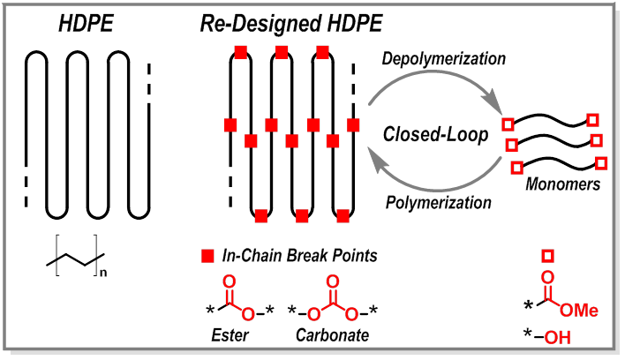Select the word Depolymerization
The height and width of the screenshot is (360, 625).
[443, 60]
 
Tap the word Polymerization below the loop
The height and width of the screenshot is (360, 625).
[439, 204]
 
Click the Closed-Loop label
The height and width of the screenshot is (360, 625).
[437, 134]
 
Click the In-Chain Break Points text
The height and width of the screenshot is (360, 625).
[299, 256]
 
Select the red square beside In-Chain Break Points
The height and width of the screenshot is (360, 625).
[207, 257]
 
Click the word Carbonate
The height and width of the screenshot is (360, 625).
[333, 335]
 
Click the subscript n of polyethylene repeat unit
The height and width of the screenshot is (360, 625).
[103, 272]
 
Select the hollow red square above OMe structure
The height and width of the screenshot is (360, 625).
[547, 256]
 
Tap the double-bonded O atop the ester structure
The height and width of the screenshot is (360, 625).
[230, 284]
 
